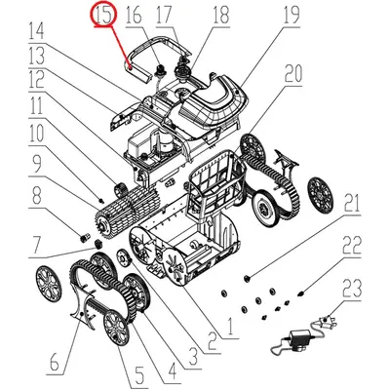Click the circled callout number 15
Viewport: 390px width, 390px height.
[x=104, y=15]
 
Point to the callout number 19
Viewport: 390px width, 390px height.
[x=263, y=15]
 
